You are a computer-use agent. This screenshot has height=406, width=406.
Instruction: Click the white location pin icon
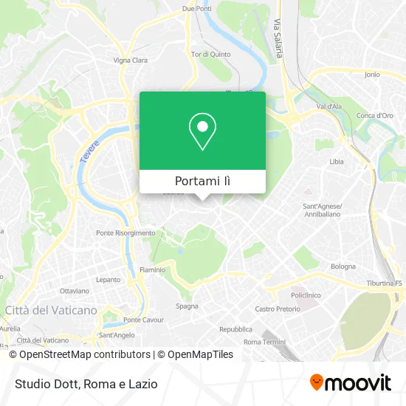[202, 131]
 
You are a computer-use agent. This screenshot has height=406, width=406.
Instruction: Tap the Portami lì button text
[202, 181]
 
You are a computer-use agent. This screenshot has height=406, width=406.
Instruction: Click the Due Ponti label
[197, 9]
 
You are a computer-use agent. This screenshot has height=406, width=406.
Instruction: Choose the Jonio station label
[371, 74]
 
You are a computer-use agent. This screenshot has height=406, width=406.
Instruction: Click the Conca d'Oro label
[374, 115]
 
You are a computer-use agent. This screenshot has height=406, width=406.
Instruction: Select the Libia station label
[336, 161]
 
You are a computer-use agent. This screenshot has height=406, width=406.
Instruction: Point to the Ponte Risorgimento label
[125, 233]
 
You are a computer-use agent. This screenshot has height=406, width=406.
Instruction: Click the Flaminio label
[153, 269]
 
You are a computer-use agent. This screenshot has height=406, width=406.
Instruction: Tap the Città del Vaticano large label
[51, 310]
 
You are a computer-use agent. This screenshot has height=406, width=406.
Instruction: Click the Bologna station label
[343, 266]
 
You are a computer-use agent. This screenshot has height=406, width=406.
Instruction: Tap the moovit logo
[350, 382]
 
